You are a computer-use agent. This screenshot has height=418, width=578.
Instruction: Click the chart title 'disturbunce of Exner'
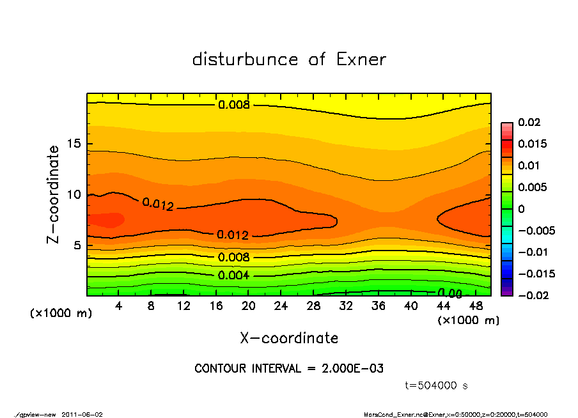(x=289, y=59)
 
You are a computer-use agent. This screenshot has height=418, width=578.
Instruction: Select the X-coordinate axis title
(x=289, y=338)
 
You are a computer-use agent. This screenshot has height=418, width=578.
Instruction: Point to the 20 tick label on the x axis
(x=249, y=306)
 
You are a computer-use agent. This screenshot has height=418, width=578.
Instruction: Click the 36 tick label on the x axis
(x=379, y=306)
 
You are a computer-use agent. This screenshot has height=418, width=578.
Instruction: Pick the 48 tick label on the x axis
(x=476, y=306)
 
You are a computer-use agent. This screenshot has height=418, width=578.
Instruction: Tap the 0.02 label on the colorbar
(x=529, y=122)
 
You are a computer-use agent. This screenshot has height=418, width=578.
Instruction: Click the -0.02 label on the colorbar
(x=532, y=295)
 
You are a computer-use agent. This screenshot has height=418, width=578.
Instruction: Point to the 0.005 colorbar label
(x=532, y=187)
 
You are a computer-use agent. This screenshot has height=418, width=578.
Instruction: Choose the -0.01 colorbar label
(x=532, y=252)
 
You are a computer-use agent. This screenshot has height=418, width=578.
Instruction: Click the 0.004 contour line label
(x=234, y=276)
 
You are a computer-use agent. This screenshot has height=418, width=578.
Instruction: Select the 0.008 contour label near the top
(x=234, y=105)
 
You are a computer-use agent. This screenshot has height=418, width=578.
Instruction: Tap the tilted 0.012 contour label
(x=157, y=204)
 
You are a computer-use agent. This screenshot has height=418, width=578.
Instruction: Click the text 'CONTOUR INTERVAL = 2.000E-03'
(x=289, y=369)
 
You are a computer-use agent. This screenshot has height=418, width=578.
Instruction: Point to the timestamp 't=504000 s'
(x=437, y=385)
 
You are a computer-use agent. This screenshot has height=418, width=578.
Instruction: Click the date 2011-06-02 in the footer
(x=82, y=414)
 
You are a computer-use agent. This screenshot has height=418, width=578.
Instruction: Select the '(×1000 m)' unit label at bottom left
(x=59, y=314)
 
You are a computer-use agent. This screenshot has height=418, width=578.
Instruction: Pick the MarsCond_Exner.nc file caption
(x=455, y=414)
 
